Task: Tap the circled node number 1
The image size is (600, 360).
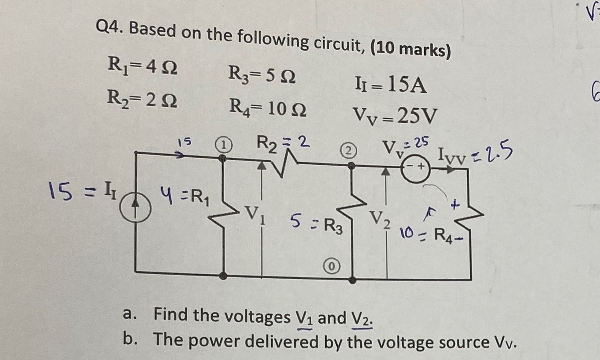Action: pyautogui.click(x=223, y=144)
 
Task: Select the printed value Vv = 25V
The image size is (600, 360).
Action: pyautogui.click(x=396, y=116)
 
